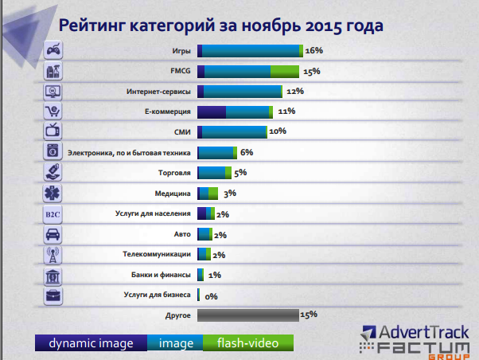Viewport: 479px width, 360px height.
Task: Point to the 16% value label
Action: tap(313, 50)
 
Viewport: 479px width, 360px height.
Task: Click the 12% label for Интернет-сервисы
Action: tap(295, 91)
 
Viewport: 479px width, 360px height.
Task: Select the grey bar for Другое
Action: tap(247, 315)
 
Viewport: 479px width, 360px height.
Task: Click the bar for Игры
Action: tap(250, 50)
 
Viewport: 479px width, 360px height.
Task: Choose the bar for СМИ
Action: tap(232, 131)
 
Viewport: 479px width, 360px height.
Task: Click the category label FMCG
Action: tap(180, 71)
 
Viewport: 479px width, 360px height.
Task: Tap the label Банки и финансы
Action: tap(161, 275)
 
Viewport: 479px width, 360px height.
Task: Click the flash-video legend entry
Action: tap(248, 343)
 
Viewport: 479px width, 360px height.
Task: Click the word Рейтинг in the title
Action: tap(103, 25)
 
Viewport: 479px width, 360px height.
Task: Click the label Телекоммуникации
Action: tap(157, 254)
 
